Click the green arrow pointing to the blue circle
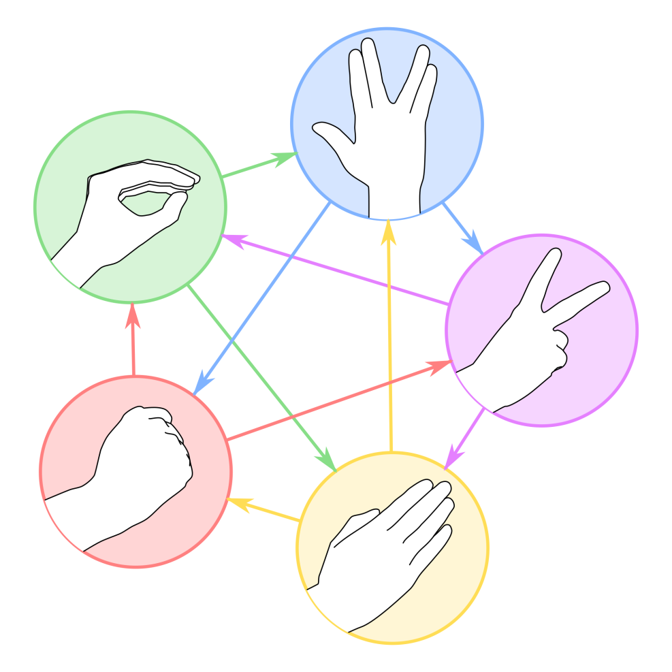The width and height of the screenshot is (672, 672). [x=259, y=166]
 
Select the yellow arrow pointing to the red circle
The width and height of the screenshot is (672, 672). [x=262, y=511]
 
